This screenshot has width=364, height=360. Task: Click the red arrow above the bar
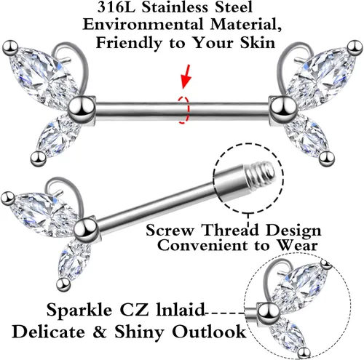coord(186,76)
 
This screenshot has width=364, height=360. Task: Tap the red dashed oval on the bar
coord(183,110)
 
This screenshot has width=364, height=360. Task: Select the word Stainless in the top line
coord(174,7)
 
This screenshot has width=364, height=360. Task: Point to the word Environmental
coord(143,25)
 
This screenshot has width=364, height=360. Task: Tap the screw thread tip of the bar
coord(261,170)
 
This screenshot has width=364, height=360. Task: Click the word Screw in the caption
coord(170,231)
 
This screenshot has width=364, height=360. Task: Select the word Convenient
coord(203,245)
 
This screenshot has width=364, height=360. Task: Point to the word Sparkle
coord(79,311)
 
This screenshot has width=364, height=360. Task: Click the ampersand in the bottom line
coord(100,332)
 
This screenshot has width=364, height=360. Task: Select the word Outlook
coord(209,332)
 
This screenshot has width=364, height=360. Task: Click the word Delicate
coord(49,332)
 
